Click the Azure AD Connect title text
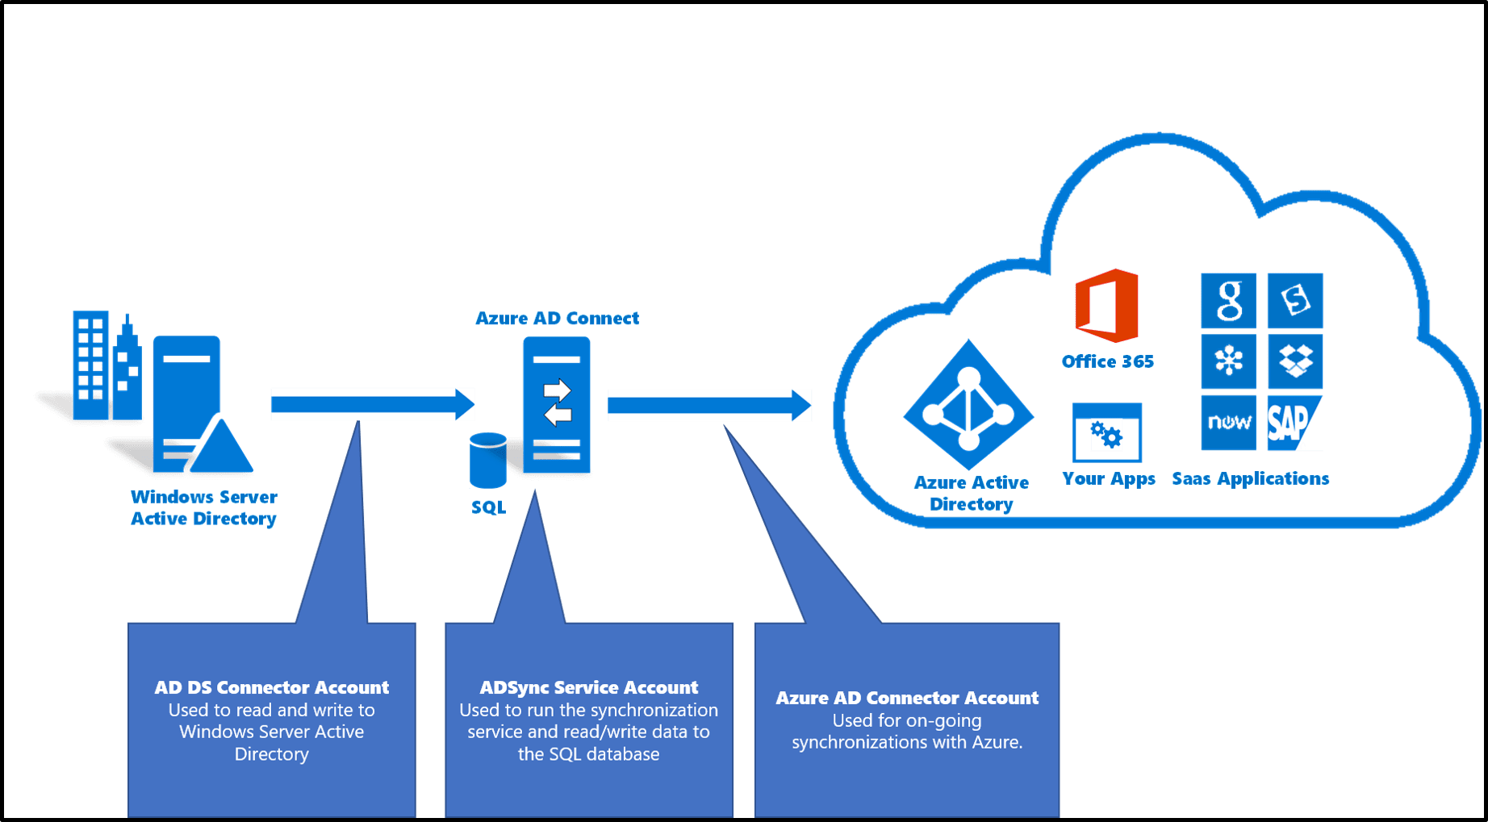(x=557, y=319)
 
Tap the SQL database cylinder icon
(x=488, y=461)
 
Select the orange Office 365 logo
(x=1108, y=307)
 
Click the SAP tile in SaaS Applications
(x=1294, y=423)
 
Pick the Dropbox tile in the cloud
(x=1295, y=361)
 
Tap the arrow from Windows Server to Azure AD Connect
(x=372, y=404)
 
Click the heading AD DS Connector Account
(x=271, y=687)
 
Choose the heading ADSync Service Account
(x=588, y=687)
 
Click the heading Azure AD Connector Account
(x=906, y=698)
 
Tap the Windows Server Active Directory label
(x=203, y=507)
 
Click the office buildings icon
(x=105, y=367)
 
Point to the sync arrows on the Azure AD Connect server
(x=557, y=403)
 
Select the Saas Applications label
(x=1250, y=478)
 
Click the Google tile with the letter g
(x=1228, y=300)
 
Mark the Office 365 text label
(x=1107, y=361)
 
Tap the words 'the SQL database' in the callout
(x=588, y=754)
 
